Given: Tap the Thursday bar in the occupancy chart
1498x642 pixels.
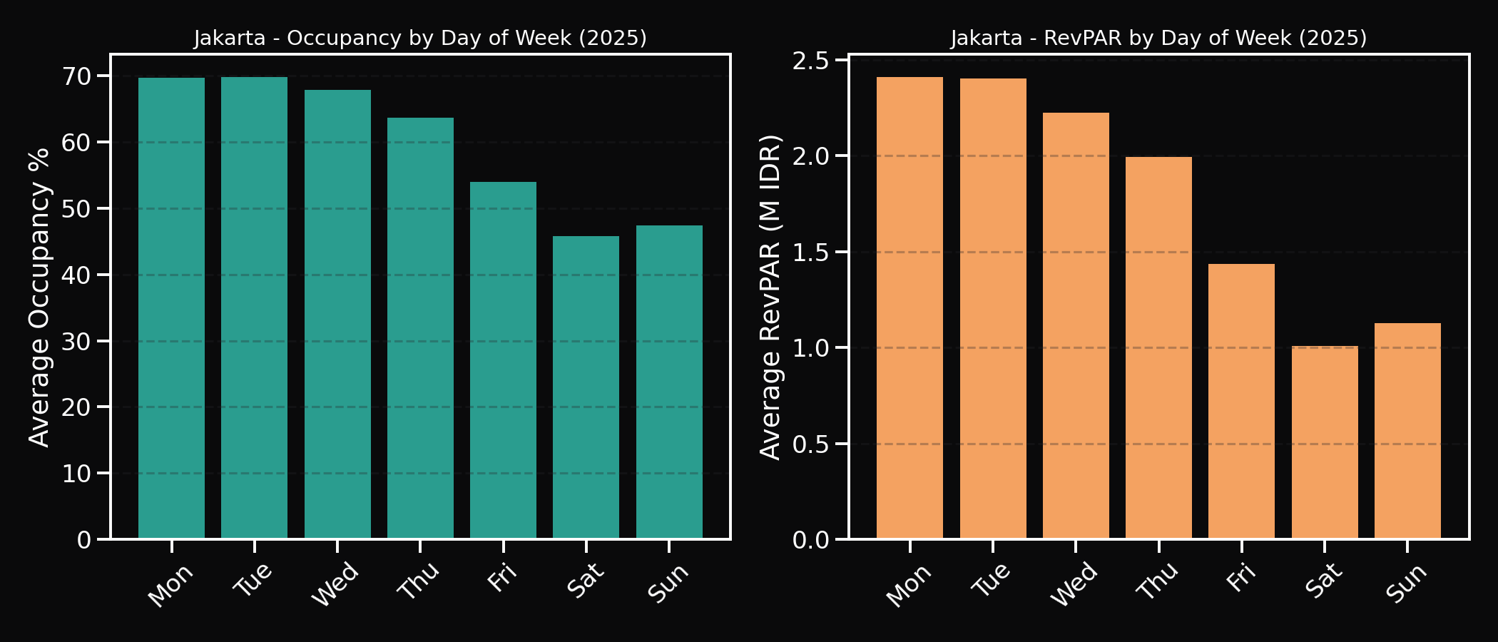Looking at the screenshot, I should click(420, 328).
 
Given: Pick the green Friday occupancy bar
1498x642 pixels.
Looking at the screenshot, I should click(503, 360).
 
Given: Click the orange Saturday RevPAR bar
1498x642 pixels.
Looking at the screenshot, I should click(1325, 442).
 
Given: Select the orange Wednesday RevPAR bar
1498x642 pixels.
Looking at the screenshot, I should click(1076, 325).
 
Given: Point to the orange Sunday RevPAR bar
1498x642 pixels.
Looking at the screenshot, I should click(1407, 431).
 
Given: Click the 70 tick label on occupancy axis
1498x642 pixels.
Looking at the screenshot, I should click(77, 76).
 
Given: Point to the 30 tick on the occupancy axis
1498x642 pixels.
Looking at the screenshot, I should click(77, 341).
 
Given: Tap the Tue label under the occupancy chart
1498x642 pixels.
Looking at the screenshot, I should click(253, 579).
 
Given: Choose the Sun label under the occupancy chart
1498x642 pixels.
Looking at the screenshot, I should click(668, 582).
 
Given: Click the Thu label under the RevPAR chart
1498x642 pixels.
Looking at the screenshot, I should click(1157, 581).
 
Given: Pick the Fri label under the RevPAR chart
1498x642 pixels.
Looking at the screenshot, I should click(1241, 577).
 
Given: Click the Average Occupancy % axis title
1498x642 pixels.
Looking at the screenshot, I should click(40, 297).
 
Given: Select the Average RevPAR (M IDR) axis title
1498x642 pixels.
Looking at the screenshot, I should click(771, 297).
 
